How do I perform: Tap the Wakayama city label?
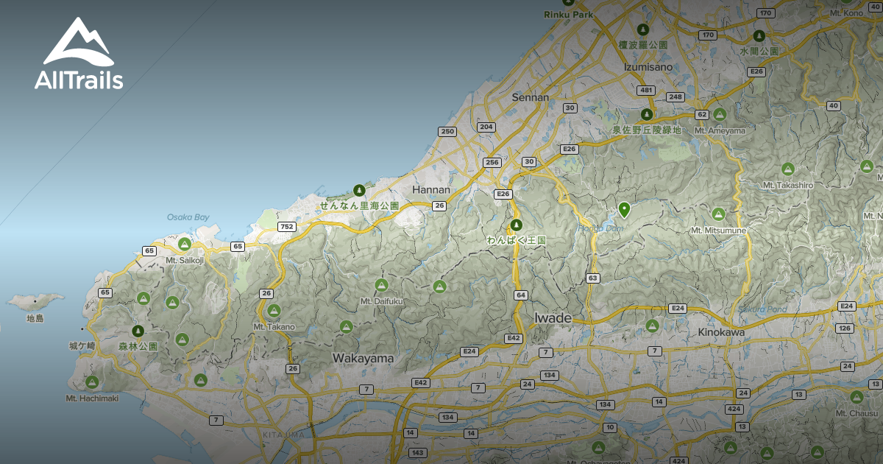[363, 358]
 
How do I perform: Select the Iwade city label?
[552, 318]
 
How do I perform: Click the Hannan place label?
[431, 189]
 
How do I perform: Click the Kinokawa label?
[721, 332]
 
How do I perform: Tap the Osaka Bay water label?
[188, 217]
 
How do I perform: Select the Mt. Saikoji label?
[184, 260]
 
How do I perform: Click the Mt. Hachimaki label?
[92, 398]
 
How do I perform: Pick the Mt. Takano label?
[274, 326]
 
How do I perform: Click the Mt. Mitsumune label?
[718, 231]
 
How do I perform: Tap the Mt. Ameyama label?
[720, 130]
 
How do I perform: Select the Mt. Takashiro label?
[787, 185]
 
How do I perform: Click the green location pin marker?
[624, 209]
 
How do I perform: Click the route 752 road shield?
[286, 226]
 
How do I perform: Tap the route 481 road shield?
[646, 90]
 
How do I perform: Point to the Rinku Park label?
[567, 14]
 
